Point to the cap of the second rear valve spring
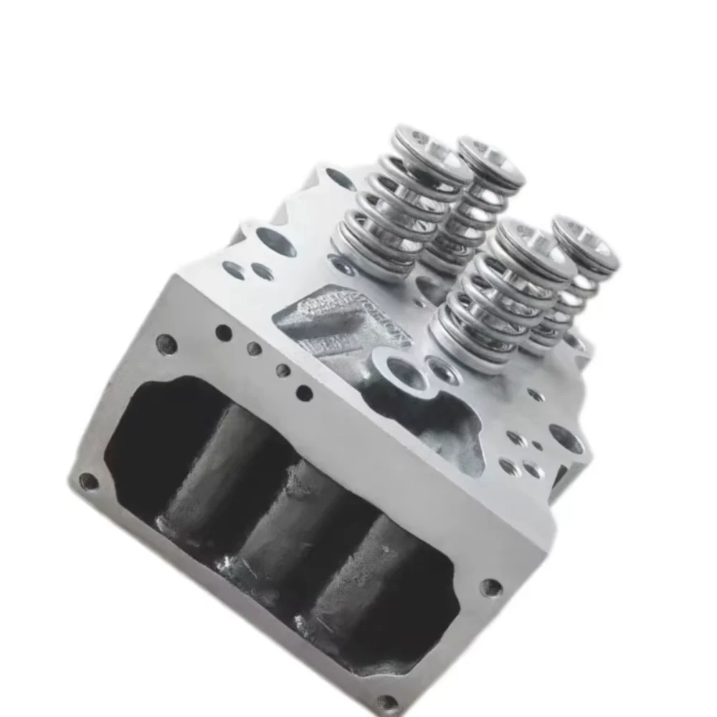pos(492,159)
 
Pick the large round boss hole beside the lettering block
pos(399,374)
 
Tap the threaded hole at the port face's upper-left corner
pos(166,343)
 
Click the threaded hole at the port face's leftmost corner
pos(88,481)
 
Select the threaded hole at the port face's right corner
pos(491,587)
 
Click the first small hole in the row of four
pos(223,333)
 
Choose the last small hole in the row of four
pos(304,393)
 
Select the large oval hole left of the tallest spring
pos(275,242)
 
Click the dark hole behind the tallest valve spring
pos(338,178)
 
